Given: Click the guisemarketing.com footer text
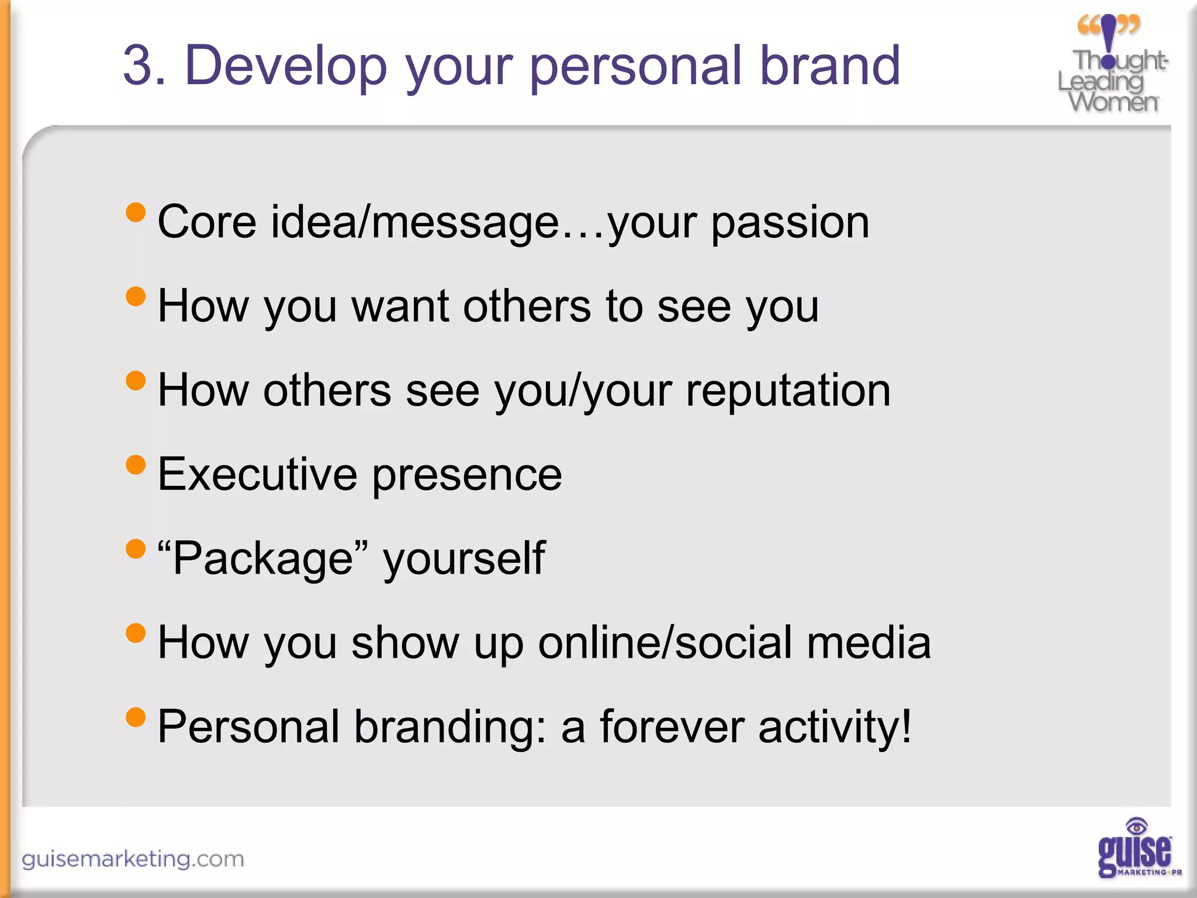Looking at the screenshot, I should tap(133, 859).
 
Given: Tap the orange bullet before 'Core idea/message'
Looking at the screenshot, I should tap(136, 212).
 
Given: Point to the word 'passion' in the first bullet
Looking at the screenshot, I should tap(790, 223).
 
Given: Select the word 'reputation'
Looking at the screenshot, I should tap(788, 391).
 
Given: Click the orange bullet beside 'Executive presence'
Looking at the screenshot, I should tap(136, 465).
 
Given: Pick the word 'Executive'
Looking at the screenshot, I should tap(257, 474).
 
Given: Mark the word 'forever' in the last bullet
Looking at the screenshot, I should tap(672, 726).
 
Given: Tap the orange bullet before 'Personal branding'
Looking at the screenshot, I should tap(136, 717).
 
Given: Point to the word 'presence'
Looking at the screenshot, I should tap(467, 475).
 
